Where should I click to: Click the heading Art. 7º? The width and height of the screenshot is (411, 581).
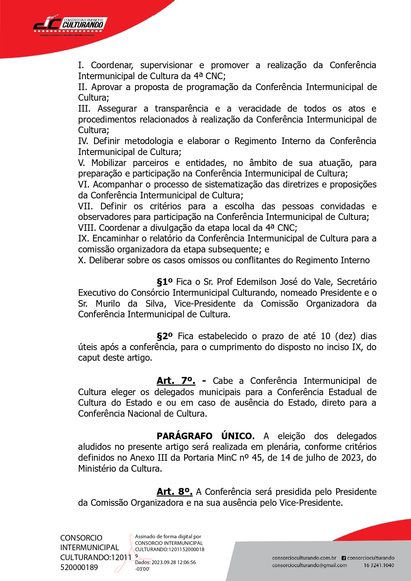click(x=176, y=381)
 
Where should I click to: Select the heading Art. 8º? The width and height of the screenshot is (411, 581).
click(x=174, y=492)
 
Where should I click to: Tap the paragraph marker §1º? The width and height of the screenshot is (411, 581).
click(x=165, y=282)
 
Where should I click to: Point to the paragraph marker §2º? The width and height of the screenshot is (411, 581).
click(x=165, y=336)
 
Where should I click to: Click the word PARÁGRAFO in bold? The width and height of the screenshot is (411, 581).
click(x=184, y=436)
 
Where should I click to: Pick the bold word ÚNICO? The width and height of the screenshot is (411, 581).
click(x=237, y=436)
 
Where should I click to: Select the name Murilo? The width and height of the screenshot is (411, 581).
click(x=108, y=304)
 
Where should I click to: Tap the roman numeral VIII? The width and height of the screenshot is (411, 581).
click(x=87, y=228)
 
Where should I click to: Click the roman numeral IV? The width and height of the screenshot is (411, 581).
click(x=83, y=141)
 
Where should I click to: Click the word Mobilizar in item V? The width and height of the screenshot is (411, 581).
click(x=109, y=163)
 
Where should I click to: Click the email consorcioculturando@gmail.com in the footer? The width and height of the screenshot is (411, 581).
click(x=309, y=565)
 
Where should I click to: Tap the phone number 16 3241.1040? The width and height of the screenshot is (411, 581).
click(x=379, y=565)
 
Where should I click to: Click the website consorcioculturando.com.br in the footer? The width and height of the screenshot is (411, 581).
click(x=304, y=558)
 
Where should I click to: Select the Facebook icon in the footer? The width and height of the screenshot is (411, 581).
click(x=343, y=558)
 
